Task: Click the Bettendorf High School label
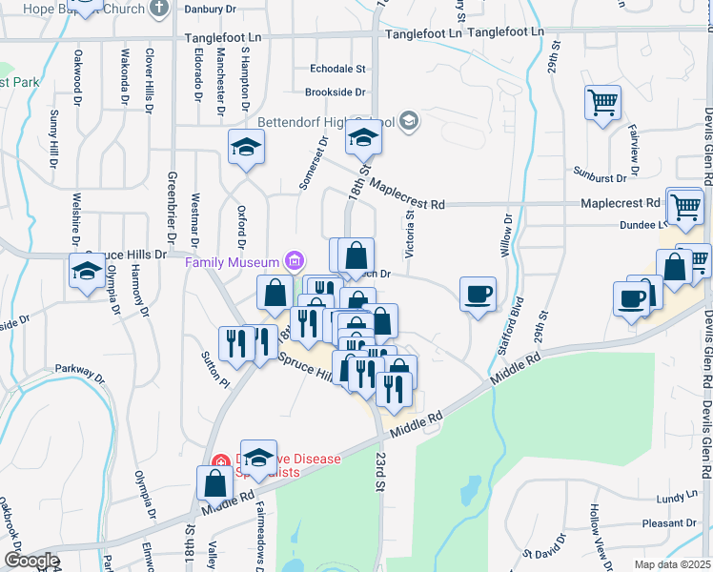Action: [319, 123]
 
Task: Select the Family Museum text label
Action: [232, 262]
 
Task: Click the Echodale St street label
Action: [338, 69]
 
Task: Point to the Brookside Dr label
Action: [336, 92]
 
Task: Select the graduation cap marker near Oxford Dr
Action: [246, 148]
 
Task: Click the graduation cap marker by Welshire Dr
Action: [87, 271]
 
